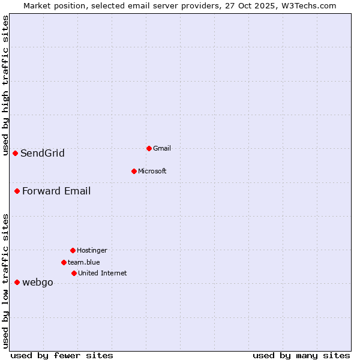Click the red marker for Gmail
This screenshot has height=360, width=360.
coord(149,148)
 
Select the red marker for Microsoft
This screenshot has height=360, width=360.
coord(134,171)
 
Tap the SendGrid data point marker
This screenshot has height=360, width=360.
coord(15,153)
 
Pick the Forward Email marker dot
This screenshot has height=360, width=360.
coord(17,191)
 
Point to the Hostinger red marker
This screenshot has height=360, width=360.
coord(73,250)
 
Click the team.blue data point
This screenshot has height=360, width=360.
coord(64,262)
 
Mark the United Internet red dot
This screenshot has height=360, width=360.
coord(74,273)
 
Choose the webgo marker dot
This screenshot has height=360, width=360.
coord(17,282)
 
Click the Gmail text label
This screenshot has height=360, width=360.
coord(162,148)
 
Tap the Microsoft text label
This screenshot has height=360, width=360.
coord(152,171)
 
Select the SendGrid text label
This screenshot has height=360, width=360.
coord(42,153)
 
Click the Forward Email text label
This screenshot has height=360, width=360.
coord(56,191)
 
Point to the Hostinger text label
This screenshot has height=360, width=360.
coord(92,250)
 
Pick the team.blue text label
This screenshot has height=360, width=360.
coord(83,262)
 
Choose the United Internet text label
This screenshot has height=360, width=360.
coord(102,273)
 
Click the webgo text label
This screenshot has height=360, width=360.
coord(37,282)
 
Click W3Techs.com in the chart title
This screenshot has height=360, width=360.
coord(307,5)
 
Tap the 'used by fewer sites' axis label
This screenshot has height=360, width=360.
coord(62,355)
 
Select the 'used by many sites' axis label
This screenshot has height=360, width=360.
coord(301,355)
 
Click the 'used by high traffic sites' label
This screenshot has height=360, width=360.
coord(5,86)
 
